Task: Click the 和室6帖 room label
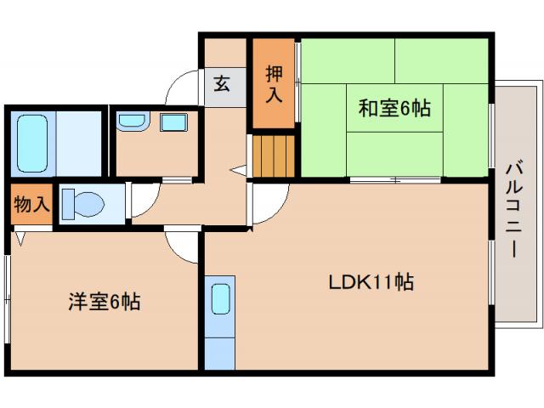[393, 109]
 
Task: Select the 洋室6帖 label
[104, 302]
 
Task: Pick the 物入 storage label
[31, 205]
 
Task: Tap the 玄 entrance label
[222, 84]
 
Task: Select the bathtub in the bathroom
[32, 144]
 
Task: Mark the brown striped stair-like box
[274, 156]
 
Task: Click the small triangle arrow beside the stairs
[239, 169]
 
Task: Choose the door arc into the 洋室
[180, 246]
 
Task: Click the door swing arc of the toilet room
[139, 201]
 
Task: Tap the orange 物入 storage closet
[31, 205]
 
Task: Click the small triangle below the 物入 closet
[19, 239]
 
